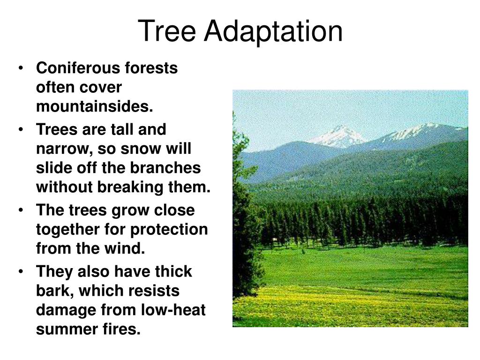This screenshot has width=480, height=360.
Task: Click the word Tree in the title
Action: pos(167,31)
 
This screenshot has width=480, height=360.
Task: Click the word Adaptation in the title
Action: pos(273,32)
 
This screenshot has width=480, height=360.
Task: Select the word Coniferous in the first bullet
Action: pos(78,68)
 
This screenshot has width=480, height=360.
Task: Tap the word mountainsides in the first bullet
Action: pos(95,106)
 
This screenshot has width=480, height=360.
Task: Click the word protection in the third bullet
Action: pos(169,230)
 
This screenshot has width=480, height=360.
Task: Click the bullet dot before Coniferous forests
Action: pos(21,68)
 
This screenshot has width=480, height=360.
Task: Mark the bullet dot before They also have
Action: pos(21,272)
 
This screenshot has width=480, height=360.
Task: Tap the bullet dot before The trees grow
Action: pos(21,210)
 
